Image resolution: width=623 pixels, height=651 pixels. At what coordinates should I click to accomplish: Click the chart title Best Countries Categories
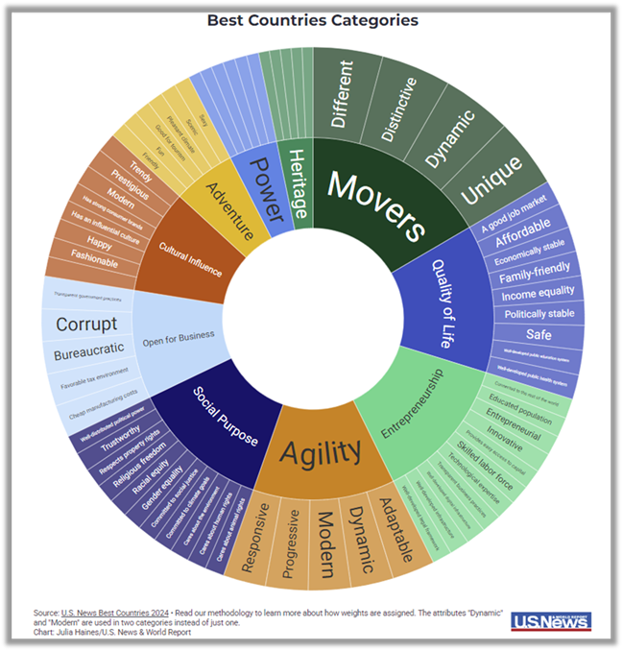tap(312, 19)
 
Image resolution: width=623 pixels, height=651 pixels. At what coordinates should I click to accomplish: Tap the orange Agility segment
tap(321, 449)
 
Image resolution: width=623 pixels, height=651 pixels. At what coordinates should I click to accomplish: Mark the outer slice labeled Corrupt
tap(86, 324)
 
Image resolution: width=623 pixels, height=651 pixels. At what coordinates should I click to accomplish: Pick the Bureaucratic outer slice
tap(86, 352)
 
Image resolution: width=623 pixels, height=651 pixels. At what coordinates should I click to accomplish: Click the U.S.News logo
tap(551, 621)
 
